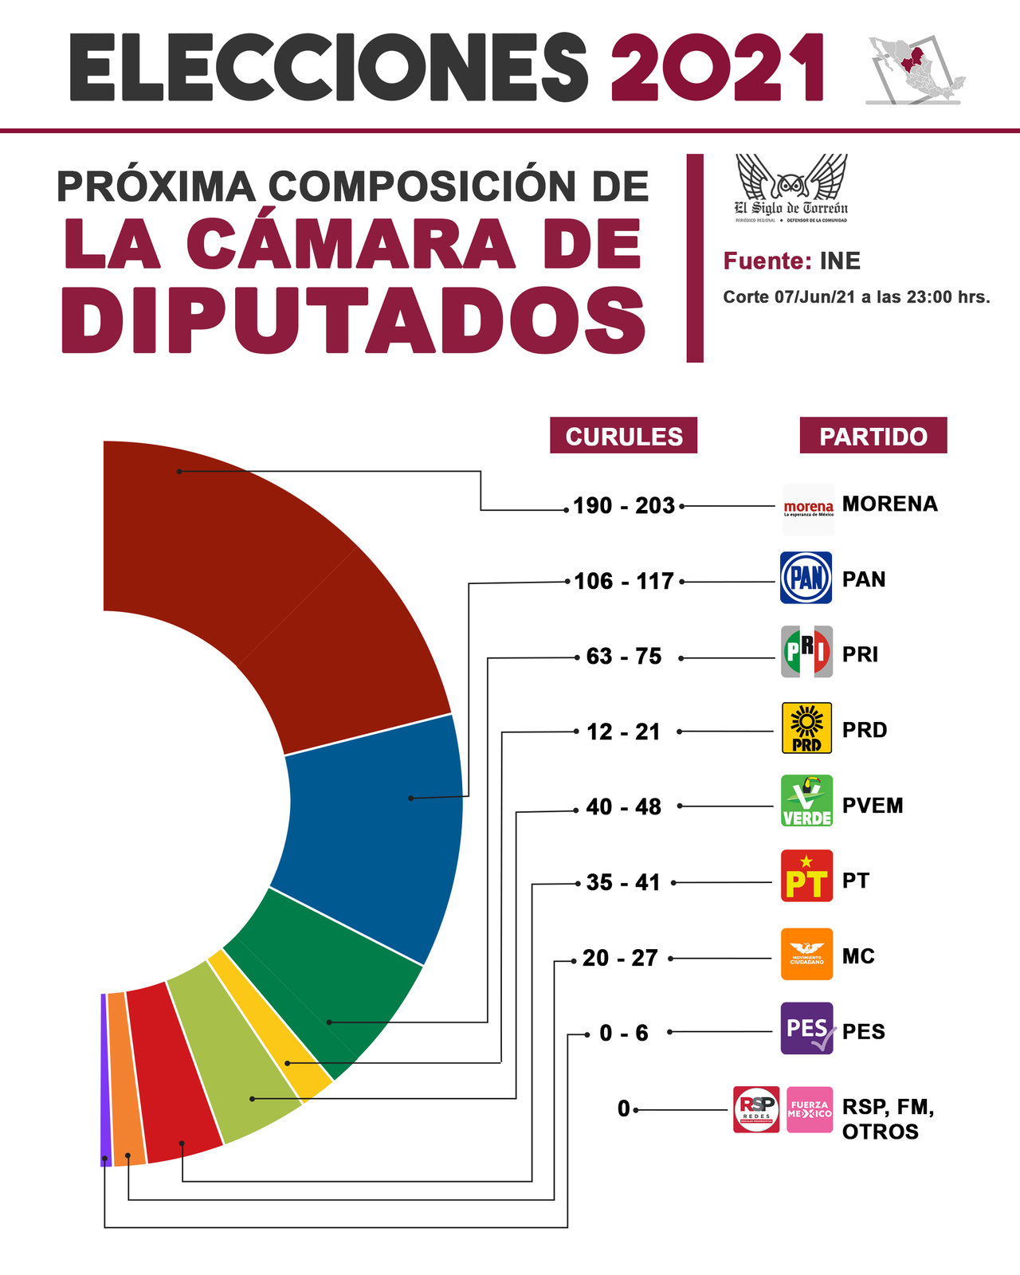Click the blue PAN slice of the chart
375,829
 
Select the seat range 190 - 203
624,505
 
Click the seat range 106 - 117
624,581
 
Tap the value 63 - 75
624,656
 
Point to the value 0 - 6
624,1033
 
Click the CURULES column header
623,436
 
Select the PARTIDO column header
873,436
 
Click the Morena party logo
808,508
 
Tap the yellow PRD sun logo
806,728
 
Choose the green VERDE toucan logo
806,801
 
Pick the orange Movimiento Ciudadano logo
806,954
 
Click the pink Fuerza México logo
809,1109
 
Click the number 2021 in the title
717,68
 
